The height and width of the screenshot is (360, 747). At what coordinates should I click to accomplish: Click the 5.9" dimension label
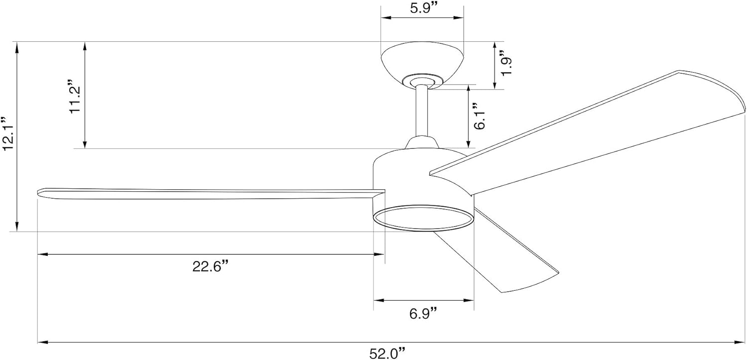[422, 8]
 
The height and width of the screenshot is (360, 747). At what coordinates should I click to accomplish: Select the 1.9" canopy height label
[506, 63]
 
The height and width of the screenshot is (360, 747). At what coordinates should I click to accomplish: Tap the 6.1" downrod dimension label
[479, 116]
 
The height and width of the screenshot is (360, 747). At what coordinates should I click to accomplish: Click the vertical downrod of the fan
[422, 112]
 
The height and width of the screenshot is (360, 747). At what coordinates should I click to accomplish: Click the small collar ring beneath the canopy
[422, 80]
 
